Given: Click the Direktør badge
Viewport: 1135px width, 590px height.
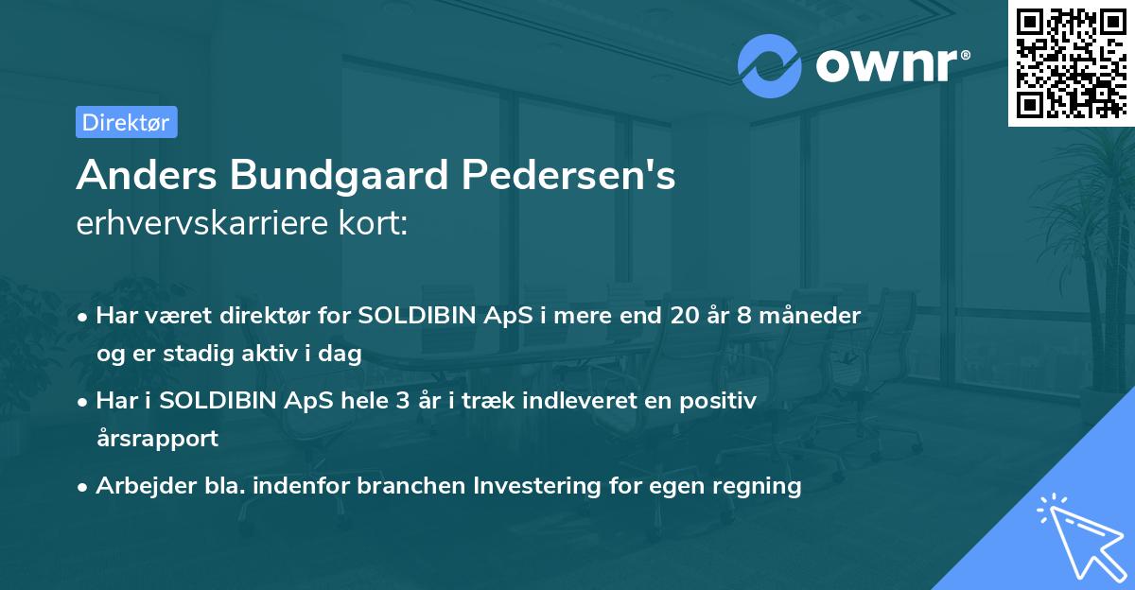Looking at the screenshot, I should pos(126,122).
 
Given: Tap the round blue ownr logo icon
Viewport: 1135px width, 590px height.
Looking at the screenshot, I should pos(768,65).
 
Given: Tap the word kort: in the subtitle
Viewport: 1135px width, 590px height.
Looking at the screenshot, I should pos(378,223).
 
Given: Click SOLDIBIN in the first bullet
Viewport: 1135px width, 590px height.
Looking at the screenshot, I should pos(413,316).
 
